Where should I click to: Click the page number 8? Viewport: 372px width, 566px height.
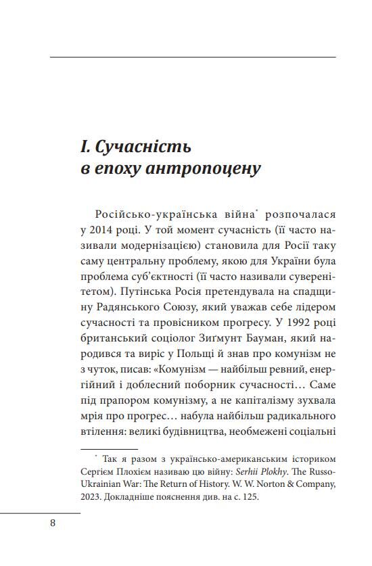point(53,523)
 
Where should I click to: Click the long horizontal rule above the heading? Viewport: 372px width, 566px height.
point(193,57)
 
